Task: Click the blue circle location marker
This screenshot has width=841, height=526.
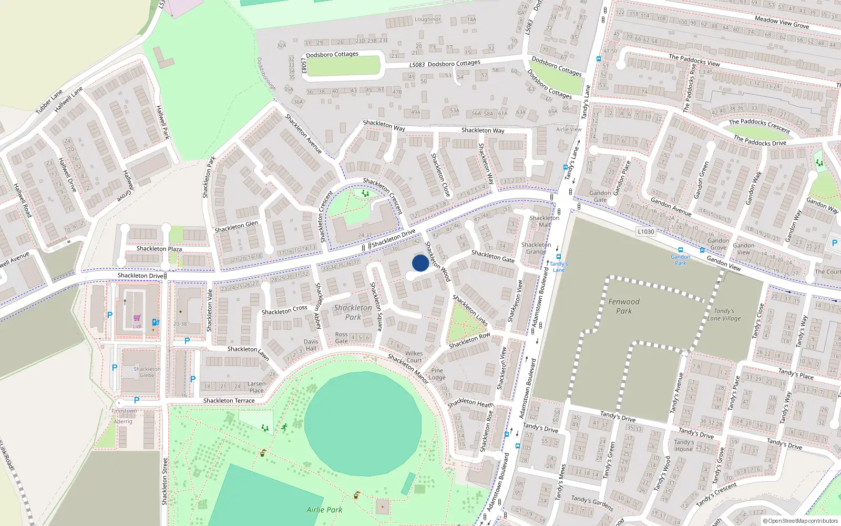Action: [x=420, y=263]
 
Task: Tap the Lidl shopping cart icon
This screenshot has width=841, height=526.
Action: [x=137, y=318]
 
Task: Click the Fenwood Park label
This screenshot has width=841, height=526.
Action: [x=624, y=306]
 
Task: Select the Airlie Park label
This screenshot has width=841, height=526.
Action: [x=324, y=510]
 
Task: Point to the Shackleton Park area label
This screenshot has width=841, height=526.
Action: [x=353, y=312]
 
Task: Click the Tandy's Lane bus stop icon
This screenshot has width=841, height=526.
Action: [x=558, y=257]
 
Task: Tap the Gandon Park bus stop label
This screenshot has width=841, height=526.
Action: [x=680, y=260]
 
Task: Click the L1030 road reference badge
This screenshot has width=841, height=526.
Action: [x=645, y=231]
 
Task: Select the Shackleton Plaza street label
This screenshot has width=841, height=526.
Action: [x=159, y=249]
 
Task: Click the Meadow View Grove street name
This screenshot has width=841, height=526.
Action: [x=782, y=22]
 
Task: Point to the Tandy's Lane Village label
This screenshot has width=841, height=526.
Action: [x=724, y=315]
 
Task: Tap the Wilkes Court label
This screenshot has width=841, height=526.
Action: [x=414, y=357]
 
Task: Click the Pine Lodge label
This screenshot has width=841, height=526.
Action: [x=437, y=374]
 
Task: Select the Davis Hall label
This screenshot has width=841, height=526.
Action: [x=311, y=345]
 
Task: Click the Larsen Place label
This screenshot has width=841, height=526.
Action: [x=257, y=387]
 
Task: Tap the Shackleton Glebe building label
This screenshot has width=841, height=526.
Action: [x=147, y=372]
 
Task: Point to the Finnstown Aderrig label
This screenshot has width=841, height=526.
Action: [x=124, y=416]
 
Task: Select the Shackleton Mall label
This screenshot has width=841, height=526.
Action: [x=545, y=221]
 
